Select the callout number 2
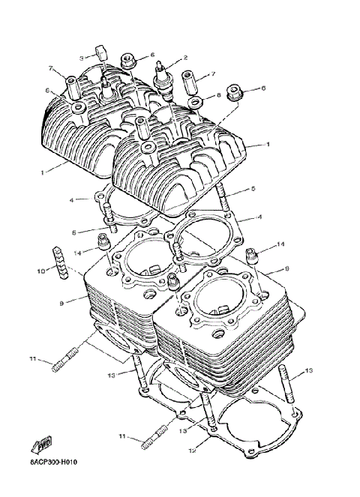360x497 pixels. click(x=185, y=58)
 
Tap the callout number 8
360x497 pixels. click(x=218, y=96)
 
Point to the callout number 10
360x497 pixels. click(x=42, y=269)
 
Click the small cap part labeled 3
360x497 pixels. click(x=97, y=52)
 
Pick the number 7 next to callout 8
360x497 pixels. click(x=213, y=74)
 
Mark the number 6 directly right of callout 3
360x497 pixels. click(x=151, y=55)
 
